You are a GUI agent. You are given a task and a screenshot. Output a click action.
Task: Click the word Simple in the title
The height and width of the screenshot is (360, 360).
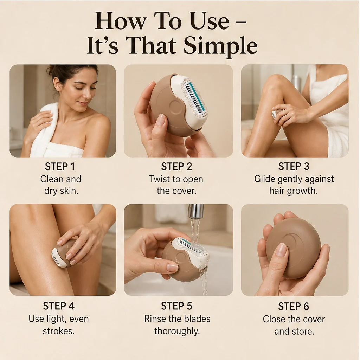tap(220, 46)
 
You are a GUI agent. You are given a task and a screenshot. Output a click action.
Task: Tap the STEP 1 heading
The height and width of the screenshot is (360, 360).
tap(60, 167)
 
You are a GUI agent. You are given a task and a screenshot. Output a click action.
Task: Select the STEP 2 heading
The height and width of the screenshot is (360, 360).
tap(176, 167)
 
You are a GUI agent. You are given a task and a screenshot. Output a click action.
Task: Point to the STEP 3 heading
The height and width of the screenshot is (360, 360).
tap(294, 166)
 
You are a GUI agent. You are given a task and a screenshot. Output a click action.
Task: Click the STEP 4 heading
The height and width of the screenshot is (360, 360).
tap(59, 306)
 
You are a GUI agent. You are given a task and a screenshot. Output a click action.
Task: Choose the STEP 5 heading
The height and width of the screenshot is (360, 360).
tap(176, 306)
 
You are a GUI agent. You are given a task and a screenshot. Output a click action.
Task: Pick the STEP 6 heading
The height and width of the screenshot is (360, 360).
tap(294, 306)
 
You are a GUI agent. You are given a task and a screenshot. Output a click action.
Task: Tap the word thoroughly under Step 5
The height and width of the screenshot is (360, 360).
tap(177, 331)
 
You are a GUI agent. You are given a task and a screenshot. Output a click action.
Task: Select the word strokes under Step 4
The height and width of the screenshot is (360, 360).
tap(59, 331)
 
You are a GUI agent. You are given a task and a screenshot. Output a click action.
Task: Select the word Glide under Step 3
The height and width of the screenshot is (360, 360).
tap(264, 179)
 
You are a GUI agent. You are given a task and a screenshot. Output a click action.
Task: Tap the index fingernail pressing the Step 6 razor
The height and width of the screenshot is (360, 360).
tap(281, 250)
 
